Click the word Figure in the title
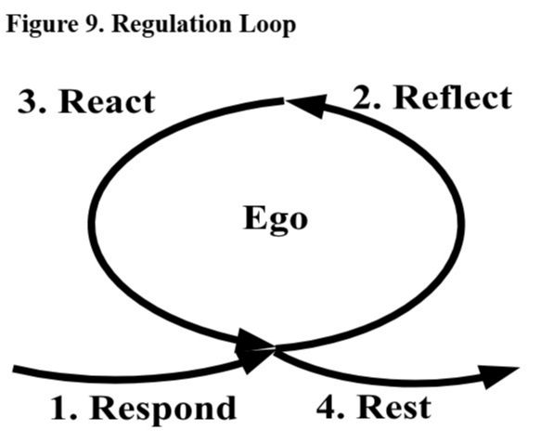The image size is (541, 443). click(42, 26)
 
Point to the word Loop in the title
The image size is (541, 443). click(267, 26)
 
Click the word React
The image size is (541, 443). click(108, 101)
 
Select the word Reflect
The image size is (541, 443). click(452, 98)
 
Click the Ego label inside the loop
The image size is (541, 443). click(276, 219)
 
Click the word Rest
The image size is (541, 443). click(394, 408)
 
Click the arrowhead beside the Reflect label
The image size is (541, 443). click(307, 105)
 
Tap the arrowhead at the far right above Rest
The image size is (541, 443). click(499, 376)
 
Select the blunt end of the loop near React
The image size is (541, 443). click(284, 101)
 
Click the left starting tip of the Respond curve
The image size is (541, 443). click(14, 369)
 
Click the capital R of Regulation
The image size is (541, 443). click(120, 24)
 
